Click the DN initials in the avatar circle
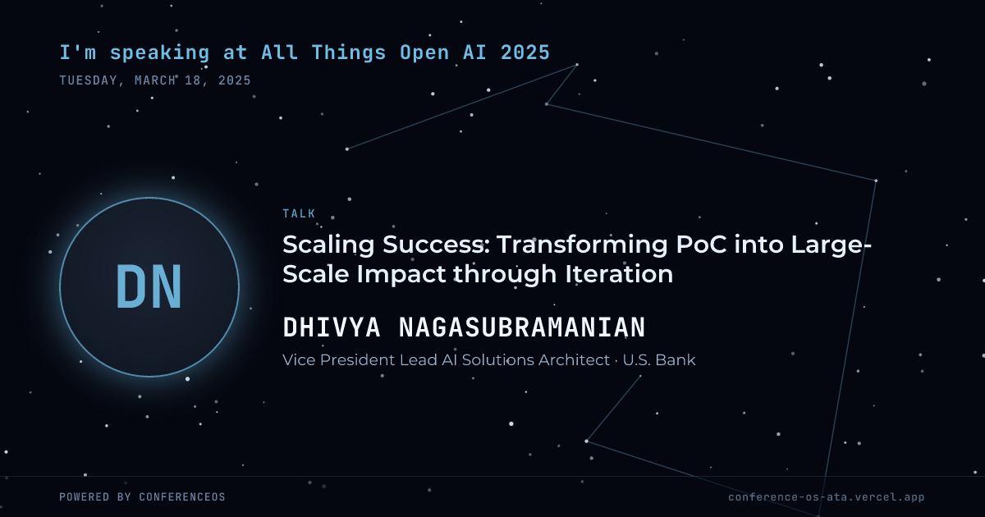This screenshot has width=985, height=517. pos(149,286)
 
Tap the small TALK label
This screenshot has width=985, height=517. pos(299,213)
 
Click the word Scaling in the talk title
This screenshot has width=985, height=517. pos(328,245)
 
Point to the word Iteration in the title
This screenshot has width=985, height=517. pos(619,274)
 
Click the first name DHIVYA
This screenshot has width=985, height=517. pos(332,327)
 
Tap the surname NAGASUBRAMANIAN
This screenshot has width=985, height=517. pos(522,327)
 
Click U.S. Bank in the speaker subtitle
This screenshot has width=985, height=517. pos(659,360)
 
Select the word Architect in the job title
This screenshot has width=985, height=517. pos(574,360)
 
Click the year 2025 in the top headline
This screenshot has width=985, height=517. pos(525,53)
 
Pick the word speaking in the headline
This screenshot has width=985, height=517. pos(159,53)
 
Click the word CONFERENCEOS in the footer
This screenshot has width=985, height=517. pos(182,496)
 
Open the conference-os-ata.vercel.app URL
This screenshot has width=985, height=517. pos(827,497)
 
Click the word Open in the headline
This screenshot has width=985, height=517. pos(424,53)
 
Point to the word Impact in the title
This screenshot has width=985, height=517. pos(401,275)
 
